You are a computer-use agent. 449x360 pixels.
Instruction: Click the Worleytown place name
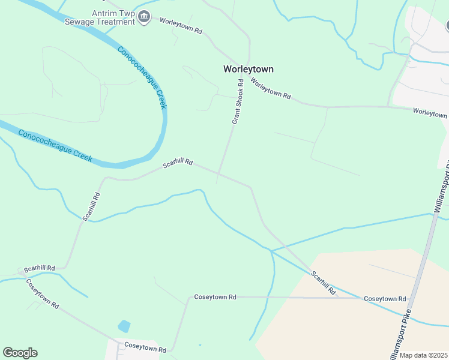point(248,69)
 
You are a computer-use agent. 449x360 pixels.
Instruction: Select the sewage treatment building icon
point(143,17)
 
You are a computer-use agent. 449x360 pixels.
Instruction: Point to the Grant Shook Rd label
point(237,102)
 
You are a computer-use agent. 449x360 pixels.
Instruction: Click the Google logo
point(20,353)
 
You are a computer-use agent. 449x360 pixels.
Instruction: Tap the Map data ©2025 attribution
point(423,355)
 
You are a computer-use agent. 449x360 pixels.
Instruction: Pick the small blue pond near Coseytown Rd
point(124,326)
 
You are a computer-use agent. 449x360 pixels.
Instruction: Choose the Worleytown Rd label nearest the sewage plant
point(180,25)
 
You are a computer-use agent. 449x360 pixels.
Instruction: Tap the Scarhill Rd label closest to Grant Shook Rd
point(178,163)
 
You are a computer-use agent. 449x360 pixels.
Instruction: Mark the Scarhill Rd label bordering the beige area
point(323,283)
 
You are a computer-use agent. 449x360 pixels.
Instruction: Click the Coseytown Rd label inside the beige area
point(385,298)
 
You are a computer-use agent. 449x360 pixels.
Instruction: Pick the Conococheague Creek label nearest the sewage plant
point(142,78)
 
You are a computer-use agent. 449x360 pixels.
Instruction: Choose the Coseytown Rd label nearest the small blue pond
point(145,347)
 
